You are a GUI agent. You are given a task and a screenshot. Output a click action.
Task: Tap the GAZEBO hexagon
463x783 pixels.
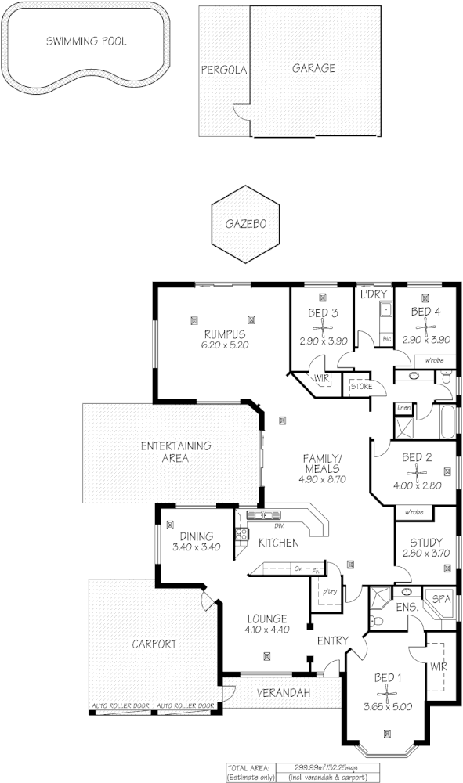click(245, 223)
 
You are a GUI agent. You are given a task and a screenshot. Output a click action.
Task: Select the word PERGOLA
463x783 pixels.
click(224, 69)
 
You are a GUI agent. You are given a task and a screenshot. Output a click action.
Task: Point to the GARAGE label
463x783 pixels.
click(313, 68)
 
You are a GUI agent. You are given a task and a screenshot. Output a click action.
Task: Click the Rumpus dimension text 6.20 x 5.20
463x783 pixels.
click(225, 345)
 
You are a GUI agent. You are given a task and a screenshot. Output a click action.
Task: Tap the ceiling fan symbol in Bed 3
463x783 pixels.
click(323, 326)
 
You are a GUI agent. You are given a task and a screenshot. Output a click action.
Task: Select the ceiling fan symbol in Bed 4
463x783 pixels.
click(425, 326)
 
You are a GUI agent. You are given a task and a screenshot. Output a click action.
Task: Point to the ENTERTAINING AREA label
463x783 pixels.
click(175, 452)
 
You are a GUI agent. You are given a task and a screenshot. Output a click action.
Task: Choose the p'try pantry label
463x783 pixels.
click(330, 593)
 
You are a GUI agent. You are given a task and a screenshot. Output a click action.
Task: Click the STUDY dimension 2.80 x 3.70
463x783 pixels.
click(425, 553)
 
